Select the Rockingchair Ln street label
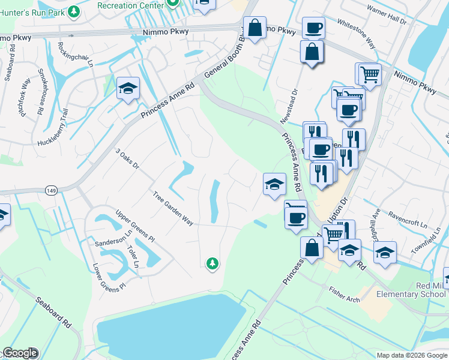pos(75,53)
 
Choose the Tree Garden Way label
pos(173,208)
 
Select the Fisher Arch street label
pos(344,293)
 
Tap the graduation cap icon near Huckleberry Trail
pos(128,89)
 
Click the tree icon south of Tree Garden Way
pos(211,263)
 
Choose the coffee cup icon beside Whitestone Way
pos(313,27)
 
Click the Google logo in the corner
pos(20,353)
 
